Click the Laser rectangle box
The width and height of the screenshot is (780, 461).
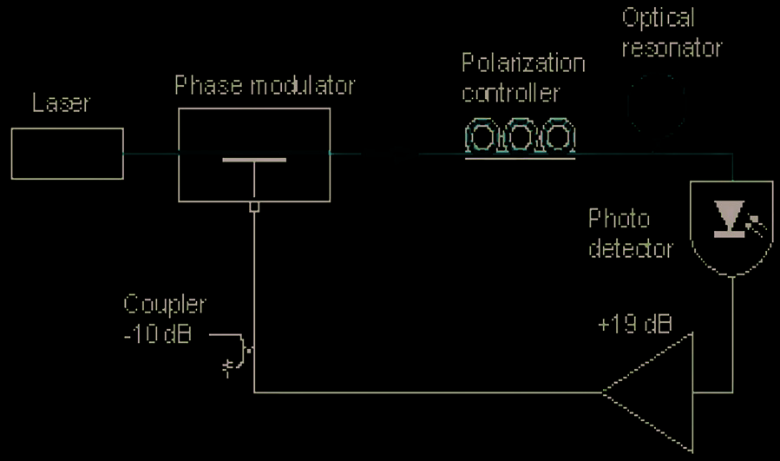pos(68,154)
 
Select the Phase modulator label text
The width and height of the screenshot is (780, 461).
pos(264,86)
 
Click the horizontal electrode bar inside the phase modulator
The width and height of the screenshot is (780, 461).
pos(254,160)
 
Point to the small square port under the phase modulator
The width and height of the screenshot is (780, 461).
pos(254,207)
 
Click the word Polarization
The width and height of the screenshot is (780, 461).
pos(522,63)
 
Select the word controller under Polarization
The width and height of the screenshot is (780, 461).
pos(511,92)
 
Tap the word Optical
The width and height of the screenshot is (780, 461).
pos(659,17)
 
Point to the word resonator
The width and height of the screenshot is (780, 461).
pos(672,47)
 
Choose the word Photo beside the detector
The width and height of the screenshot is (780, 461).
pos(619,218)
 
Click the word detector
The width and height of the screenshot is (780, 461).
pos(631,248)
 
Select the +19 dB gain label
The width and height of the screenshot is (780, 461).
pos(634,325)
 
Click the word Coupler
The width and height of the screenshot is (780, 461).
pos(165,306)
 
